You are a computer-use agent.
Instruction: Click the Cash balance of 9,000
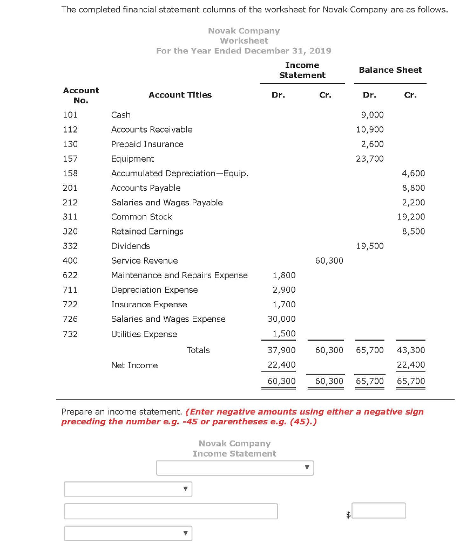373,115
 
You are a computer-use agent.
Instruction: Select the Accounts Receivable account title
152,129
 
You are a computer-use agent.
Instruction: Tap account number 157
70,158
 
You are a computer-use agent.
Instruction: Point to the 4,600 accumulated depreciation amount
414,173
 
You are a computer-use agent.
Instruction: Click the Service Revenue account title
144,260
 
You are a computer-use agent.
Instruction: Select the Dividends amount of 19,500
370,246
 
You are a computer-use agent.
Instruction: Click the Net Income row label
134,365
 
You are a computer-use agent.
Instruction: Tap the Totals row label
198,350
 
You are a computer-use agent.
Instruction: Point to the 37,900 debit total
282,350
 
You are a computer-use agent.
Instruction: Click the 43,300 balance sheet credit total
411,350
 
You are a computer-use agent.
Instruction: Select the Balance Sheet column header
390,70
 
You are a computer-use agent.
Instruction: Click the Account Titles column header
180,95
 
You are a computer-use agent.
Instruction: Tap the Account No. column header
81,95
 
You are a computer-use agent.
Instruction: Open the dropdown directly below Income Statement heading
235,468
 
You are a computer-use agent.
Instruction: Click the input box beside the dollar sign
379,510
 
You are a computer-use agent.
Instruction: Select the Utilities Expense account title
144,334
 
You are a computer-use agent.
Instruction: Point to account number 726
70,319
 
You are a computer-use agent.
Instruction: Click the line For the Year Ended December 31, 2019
244,51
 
